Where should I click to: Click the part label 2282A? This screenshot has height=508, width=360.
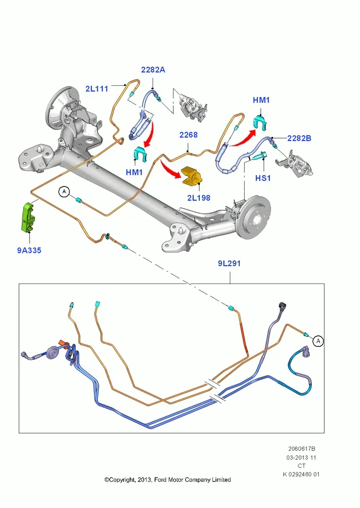[153, 70]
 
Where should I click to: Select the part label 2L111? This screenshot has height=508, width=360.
[97, 88]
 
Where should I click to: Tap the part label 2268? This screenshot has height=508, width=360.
[189, 135]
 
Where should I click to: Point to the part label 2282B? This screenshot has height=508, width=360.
[299, 138]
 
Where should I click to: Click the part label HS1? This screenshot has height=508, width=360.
[263, 178]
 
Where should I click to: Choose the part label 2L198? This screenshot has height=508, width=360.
[198, 198]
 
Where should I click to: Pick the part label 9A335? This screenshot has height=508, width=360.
[29, 250]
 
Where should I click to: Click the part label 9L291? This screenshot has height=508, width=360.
[229, 263]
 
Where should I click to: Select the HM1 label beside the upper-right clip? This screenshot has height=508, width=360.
[261, 100]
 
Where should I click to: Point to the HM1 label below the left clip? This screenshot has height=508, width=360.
[134, 172]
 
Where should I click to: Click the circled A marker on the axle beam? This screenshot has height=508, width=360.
[64, 192]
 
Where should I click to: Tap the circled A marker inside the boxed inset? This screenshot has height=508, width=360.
[318, 341]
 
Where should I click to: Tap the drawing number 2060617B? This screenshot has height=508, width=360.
[302, 449]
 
